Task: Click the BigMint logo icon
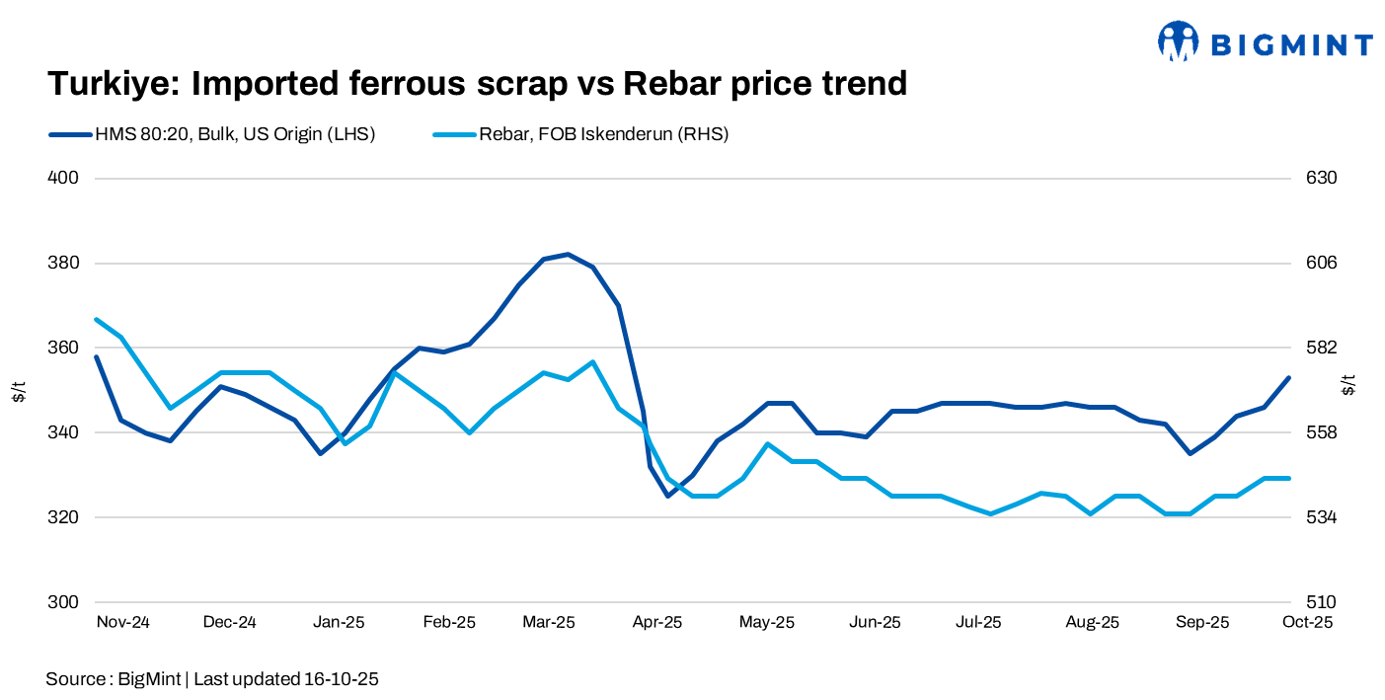click(1178, 41)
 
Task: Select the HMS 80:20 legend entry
click(211, 134)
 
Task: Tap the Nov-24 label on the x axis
click(123, 623)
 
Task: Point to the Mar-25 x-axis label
click(548, 623)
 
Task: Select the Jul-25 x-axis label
click(978, 623)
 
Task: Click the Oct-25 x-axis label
click(1309, 623)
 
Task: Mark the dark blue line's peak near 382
click(568, 254)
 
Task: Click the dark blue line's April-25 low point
click(667, 496)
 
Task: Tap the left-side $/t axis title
click(19, 390)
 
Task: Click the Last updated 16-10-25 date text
click(286, 679)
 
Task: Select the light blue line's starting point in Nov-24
click(97, 319)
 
